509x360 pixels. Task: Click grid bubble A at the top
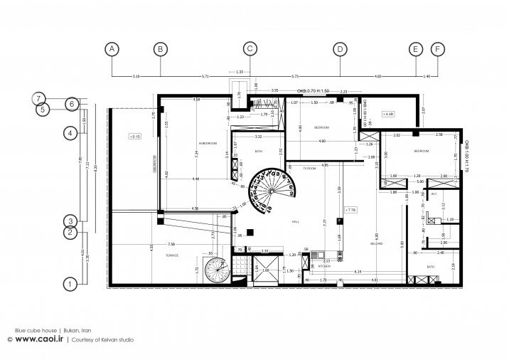(x=112, y=49)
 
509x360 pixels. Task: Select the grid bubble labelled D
(x=340, y=49)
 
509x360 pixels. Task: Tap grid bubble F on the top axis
(x=437, y=49)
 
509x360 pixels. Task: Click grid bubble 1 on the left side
(x=70, y=284)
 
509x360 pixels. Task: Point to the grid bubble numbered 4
(x=70, y=132)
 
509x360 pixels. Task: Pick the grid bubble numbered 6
(x=71, y=104)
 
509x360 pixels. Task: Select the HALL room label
(x=296, y=222)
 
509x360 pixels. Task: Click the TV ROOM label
(x=309, y=168)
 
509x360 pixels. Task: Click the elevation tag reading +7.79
(x=349, y=210)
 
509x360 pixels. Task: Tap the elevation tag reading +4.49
(x=388, y=114)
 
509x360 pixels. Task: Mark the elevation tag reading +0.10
(x=134, y=135)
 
